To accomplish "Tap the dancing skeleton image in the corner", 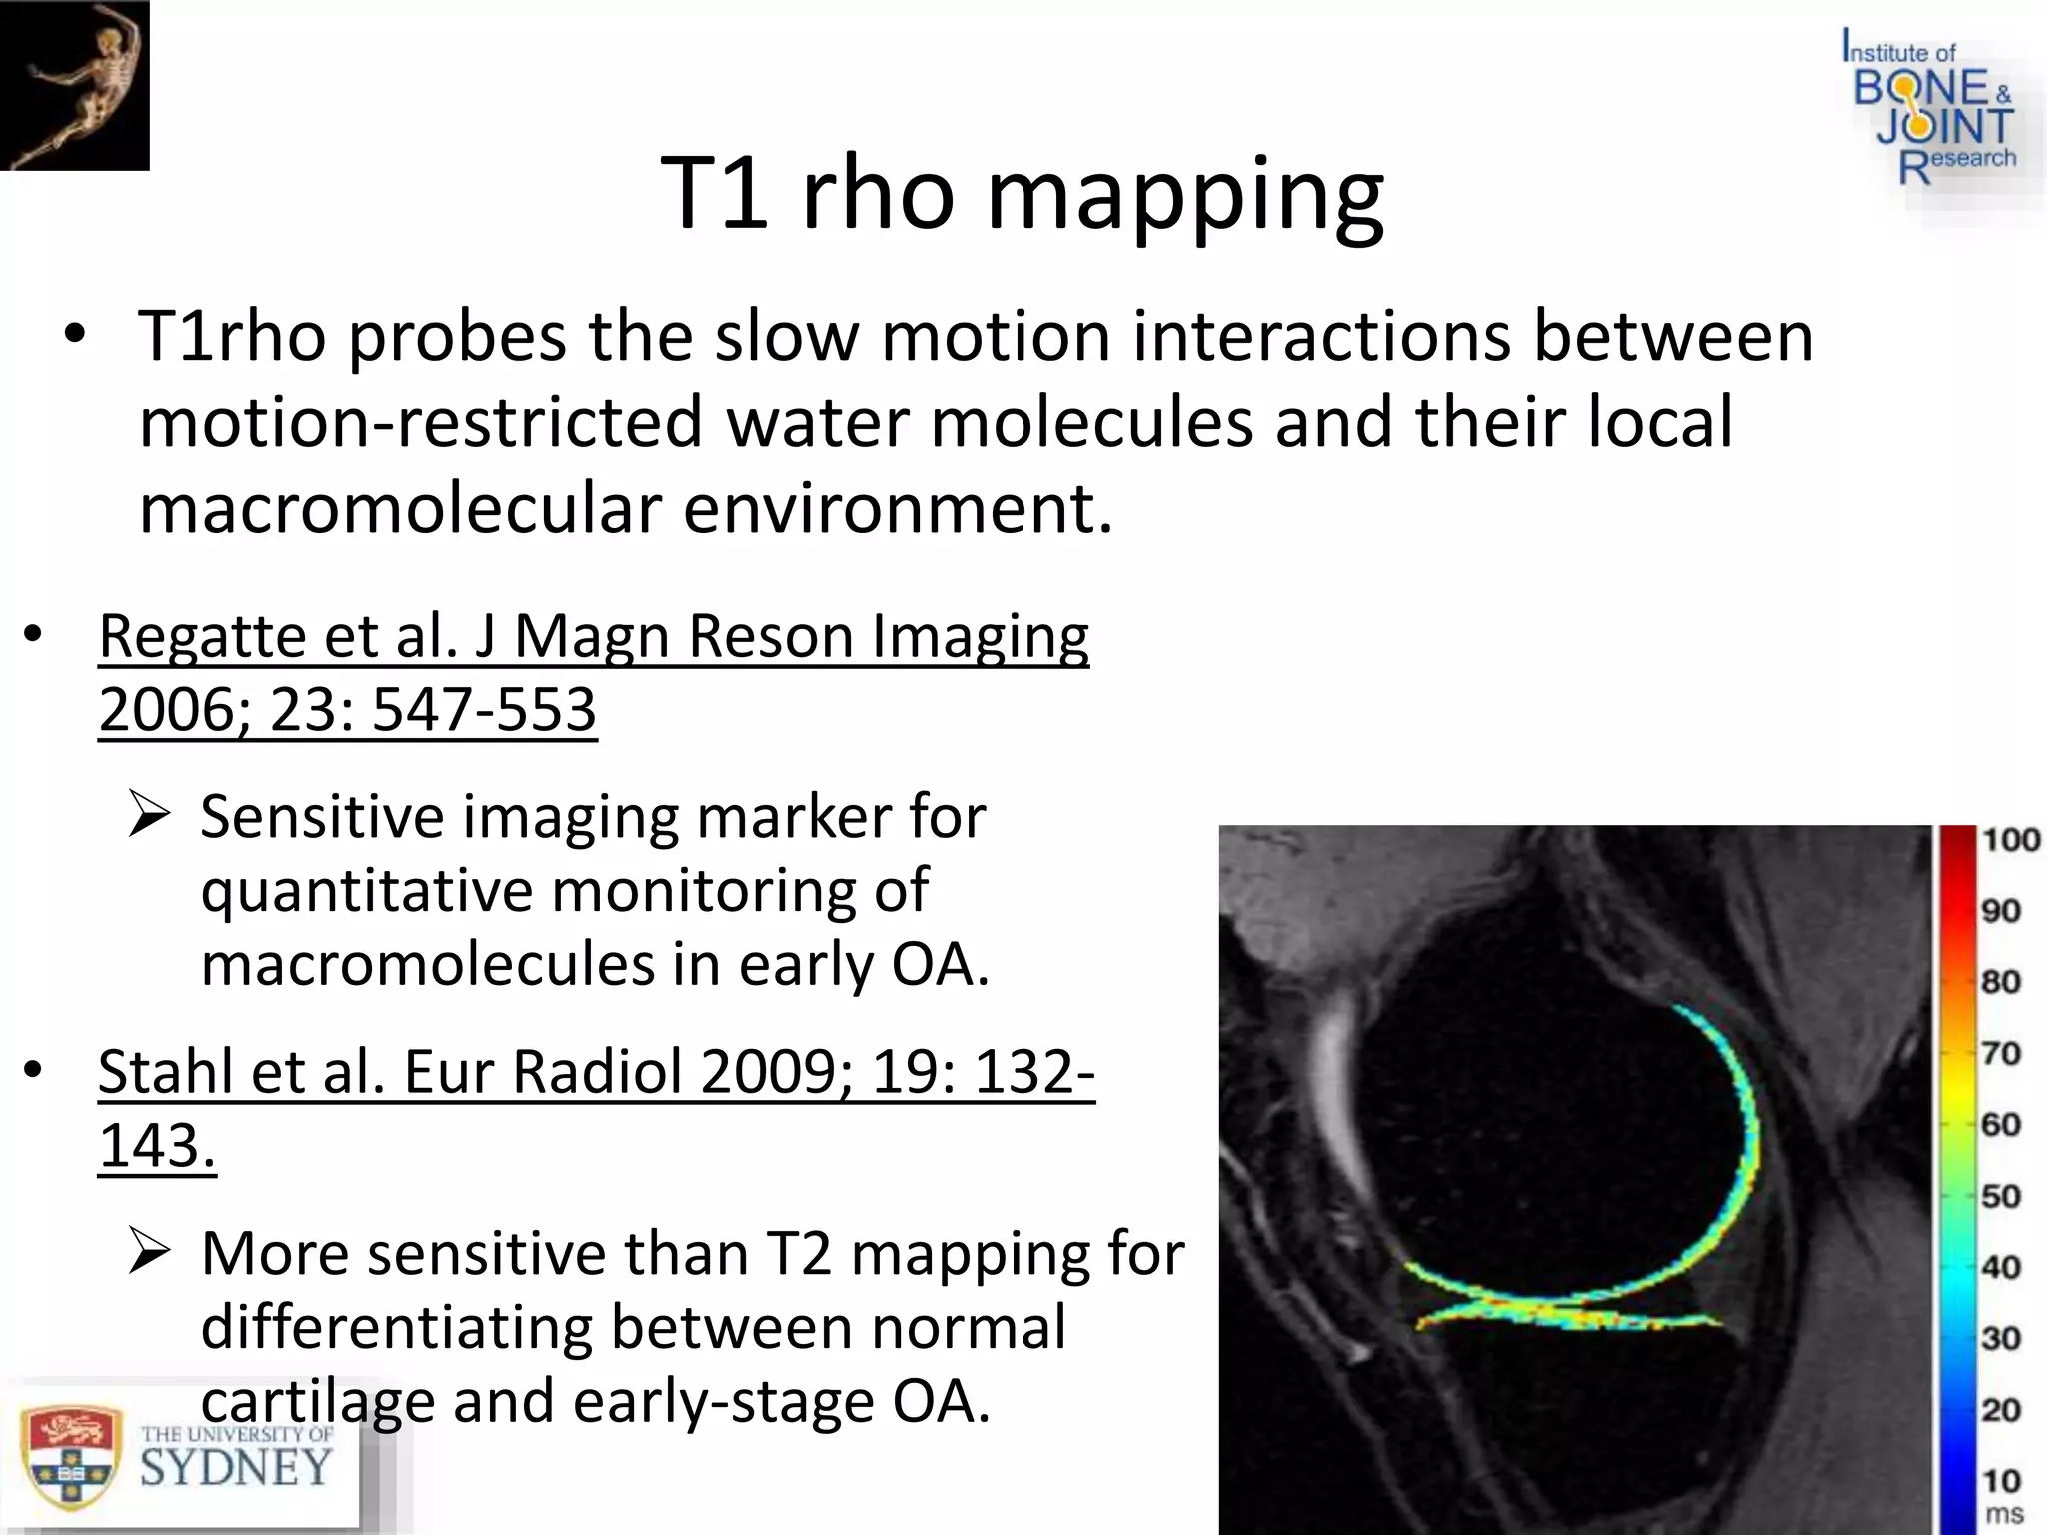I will coord(75,85).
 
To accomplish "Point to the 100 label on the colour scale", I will coord(2010,840).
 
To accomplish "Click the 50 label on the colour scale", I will coord(2001,1196).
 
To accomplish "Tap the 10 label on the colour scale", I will coord(2001,1480).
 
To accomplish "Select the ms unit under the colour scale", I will coord(2003,1514).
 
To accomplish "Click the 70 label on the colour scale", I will coord(2001,1053).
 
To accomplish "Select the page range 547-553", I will coord(483,711).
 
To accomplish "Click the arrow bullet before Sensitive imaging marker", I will coord(151,817).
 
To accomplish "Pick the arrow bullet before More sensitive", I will coord(151,1253).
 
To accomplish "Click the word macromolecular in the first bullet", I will coord(399,509).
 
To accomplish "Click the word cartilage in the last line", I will coord(317,1401).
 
